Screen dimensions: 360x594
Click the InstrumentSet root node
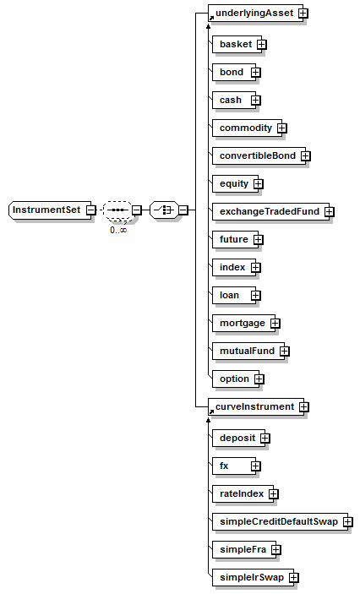tap(50, 210)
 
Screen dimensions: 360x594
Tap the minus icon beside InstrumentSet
tap(91, 210)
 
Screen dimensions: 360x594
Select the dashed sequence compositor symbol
tap(117, 210)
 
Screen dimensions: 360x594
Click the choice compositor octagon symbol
tap(164, 210)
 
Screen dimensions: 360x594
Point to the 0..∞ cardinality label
tap(118, 230)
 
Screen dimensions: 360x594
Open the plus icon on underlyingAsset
tap(303, 14)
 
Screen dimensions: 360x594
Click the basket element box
tap(237, 44)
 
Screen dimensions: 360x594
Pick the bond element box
tap(234, 73)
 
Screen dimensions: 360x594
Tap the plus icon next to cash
tap(256, 101)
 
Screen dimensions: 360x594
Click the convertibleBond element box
tap(259, 156)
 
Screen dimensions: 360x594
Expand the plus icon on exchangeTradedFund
tap(330, 212)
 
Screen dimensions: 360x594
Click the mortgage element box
tap(243, 324)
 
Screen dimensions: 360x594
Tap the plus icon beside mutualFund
tap(284, 351)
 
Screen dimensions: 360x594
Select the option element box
tap(236, 379)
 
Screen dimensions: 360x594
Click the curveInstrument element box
tap(256, 407)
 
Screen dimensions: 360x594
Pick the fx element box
tap(234, 466)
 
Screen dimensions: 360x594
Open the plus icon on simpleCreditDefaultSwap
tap(348, 522)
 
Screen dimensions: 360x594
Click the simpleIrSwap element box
tap(253, 578)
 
